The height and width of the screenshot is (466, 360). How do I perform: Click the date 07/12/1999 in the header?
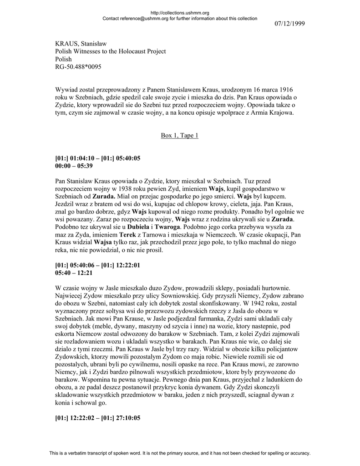pos(289,23)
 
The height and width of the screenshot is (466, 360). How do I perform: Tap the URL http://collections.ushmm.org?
pos(179,13)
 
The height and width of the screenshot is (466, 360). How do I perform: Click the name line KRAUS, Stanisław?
pos(81,44)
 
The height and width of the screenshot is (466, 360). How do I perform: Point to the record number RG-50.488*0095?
pos(78,67)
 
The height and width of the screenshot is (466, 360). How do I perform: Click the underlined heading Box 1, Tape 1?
pos(179,136)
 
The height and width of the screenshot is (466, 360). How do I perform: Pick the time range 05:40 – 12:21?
pos(74,273)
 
